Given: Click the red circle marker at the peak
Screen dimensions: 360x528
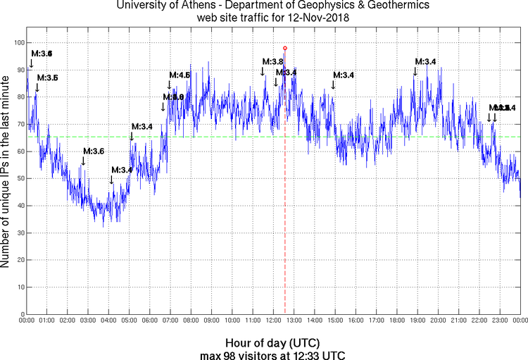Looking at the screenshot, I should pyautogui.click(x=284, y=48).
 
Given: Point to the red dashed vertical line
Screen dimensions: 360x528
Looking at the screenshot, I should pyautogui.click(x=284, y=211).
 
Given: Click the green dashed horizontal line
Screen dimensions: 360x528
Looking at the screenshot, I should pyautogui.click(x=211, y=137).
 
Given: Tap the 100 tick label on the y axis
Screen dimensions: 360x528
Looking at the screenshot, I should pyautogui.click(x=18, y=42).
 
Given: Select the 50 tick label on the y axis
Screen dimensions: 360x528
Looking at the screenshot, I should pyautogui.click(x=20, y=178).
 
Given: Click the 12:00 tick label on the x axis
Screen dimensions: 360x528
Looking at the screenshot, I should pyautogui.click(x=273, y=321).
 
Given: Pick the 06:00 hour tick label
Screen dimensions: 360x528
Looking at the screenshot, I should pyautogui.click(x=150, y=321).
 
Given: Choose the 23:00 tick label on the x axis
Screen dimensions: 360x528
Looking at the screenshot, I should pyautogui.click(x=500, y=321).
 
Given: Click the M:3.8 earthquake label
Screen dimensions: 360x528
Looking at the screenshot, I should pyautogui.click(x=272, y=62).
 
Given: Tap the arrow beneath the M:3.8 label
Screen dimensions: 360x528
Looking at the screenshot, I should pyautogui.click(x=263, y=71).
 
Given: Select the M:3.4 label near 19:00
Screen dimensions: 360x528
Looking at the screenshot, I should pyautogui.click(x=425, y=62).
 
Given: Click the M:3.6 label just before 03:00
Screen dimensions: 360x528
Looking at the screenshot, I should pyautogui.click(x=94, y=151).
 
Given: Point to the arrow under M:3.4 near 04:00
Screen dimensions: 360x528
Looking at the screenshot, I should pyautogui.click(x=111, y=180).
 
